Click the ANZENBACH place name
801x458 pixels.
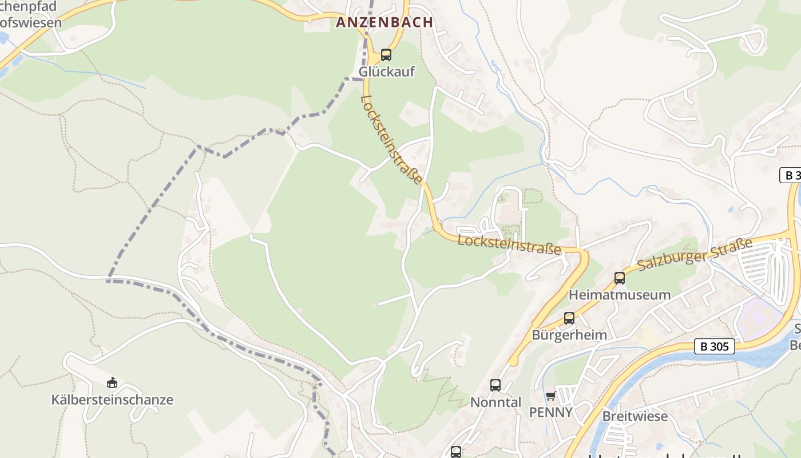click(x=384, y=22)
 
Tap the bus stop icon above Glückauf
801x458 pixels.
click(x=386, y=55)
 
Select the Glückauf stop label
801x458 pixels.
click(x=387, y=72)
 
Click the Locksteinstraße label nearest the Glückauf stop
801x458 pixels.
click(x=391, y=140)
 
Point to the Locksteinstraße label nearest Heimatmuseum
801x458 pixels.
click(x=509, y=244)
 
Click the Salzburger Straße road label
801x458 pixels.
click(x=695, y=254)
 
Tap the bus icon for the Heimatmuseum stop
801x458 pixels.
click(x=620, y=278)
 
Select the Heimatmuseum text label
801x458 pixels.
click(x=620, y=295)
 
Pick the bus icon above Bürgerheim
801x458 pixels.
click(x=569, y=318)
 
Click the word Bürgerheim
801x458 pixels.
click(x=569, y=335)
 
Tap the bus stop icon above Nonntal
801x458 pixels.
click(x=495, y=385)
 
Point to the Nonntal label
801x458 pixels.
click(x=495, y=402)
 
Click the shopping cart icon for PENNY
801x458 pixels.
click(x=550, y=396)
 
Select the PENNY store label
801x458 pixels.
click(x=550, y=412)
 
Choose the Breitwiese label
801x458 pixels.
click(x=635, y=416)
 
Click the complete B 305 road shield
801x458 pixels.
click(x=715, y=346)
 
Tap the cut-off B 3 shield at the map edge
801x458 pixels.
click(x=791, y=175)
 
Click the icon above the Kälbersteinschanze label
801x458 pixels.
click(x=112, y=382)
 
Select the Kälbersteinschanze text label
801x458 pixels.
click(x=112, y=400)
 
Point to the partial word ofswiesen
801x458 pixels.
click(x=31, y=23)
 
